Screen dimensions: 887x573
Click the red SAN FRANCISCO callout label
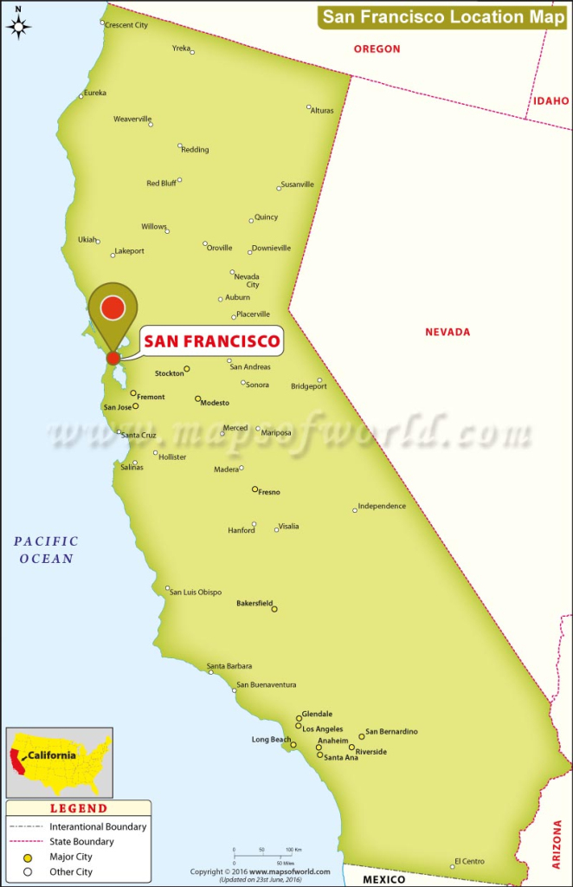click(212, 341)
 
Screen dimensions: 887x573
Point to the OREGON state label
click(377, 49)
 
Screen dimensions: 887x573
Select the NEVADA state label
click(447, 332)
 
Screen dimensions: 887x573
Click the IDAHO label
click(551, 101)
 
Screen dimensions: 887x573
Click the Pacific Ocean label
click(47, 550)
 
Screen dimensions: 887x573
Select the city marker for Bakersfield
click(274, 609)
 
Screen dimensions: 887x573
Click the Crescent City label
click(126, 25)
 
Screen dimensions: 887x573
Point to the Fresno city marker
click(254, 489)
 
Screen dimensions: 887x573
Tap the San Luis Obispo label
click(196, 592)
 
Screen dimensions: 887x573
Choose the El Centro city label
click(469, 861)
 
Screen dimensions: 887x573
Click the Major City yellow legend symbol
click(28, 857)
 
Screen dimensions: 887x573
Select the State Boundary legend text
click(81, 841)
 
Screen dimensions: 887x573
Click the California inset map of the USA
click(60, 762)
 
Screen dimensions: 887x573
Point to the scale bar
click(265, 856)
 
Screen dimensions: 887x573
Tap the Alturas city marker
click(309, 107)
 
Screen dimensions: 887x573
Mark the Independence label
click(382, 506)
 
